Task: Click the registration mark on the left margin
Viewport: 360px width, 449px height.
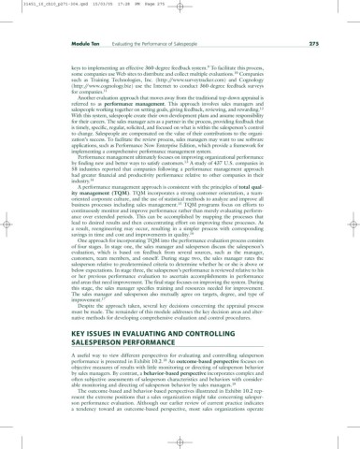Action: point(7,225)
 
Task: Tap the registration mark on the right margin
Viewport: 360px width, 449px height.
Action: point(353,225)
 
